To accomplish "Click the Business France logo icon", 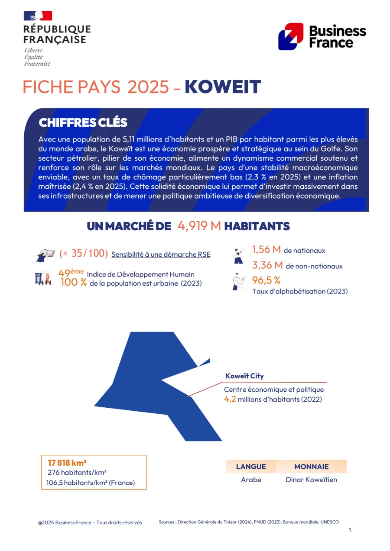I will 290,36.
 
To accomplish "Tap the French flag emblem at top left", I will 38,16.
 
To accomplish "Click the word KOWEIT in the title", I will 223,87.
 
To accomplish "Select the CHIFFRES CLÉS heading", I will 83,122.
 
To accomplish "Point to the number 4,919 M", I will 199,226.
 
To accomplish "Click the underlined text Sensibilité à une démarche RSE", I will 161,255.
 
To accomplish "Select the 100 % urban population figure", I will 74,283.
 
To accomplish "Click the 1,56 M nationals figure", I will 266,250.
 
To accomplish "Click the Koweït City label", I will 244,376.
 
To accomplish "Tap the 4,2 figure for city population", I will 230,399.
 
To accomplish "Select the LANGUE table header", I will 251,467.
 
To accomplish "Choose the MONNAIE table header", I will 311,467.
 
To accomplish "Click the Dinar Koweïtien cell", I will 311,480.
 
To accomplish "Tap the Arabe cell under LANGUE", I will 251,480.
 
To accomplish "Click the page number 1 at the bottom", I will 350,530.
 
